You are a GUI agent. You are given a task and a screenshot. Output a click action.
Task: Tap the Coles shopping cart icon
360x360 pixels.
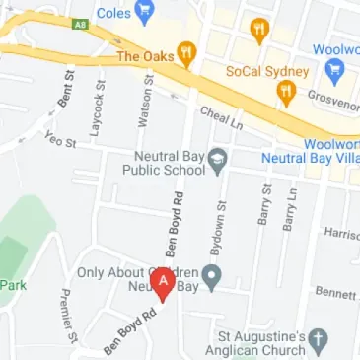[146, 13]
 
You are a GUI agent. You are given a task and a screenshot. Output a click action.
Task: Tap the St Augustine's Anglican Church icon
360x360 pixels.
[318, 341]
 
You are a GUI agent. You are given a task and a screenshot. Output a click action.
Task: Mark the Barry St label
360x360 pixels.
[264, 205]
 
